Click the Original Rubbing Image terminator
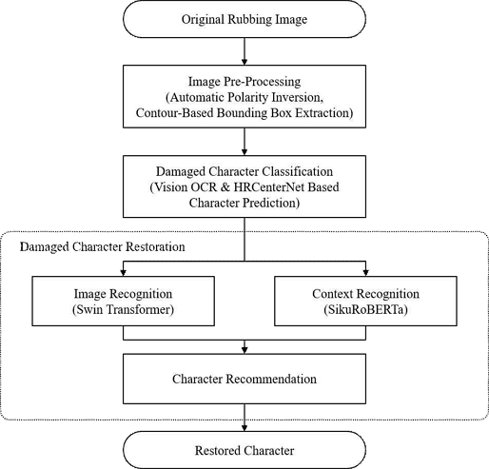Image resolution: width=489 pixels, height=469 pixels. click(x=244, y=19)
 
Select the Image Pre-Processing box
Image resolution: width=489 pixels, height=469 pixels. click(x=244, y=96)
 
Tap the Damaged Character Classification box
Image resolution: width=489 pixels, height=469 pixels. click(x=244, y=186)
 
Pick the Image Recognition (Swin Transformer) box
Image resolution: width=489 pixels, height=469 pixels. click(x=123, y=301)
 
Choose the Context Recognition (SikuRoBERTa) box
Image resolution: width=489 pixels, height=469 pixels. click(x=365, y=301)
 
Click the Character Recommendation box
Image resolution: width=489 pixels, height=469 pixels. click(x=244, y=379)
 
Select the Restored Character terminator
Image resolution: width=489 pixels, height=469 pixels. click(x=244, y=450)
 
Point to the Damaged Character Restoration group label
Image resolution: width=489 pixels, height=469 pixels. click(x=103, y=246)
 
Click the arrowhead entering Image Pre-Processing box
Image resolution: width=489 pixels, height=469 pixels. click(x=244, y=62)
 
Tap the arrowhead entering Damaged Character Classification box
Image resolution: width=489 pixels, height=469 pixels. click(x=244, y=152)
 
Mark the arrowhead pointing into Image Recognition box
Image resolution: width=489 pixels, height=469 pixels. click(x=124, y=273)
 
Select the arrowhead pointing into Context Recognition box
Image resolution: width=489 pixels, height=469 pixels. click(x=365, y=273)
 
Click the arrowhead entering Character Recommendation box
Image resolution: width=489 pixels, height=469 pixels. click(x=244, y=350)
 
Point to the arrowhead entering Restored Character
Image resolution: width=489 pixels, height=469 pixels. click(x=244, y=427)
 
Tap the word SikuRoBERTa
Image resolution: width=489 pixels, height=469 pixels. click(x=365, y=309)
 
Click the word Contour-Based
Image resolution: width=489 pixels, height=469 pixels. click(x=174, y=112)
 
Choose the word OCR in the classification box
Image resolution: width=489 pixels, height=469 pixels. click(x=204, y=187)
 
